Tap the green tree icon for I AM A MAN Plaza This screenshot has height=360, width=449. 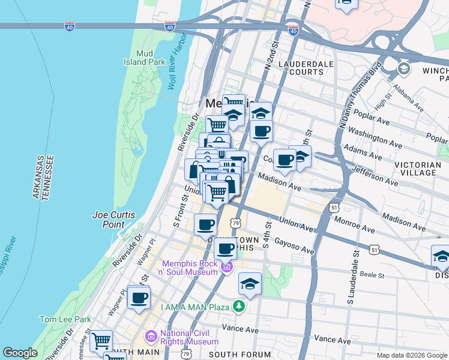(x=240, y=307)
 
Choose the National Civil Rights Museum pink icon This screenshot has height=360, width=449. (x=150, y=337)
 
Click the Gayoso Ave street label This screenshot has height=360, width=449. (x=294, y=245)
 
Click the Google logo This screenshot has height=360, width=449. (x=20, y=353)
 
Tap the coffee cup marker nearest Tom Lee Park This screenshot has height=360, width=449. (x=139, y=298)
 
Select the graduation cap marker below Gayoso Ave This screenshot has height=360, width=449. (x=250, y=284)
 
